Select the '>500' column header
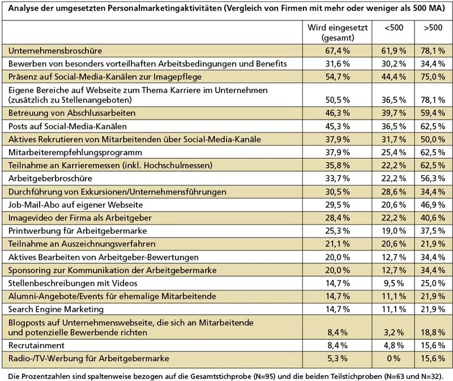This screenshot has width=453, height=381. pyautogui.click(x=433, y=28)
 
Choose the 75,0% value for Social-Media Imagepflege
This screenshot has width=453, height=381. pyautogui.click(x=434, y=75)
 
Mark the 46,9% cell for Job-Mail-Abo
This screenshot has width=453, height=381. pyautogui.click(x=434, y=204)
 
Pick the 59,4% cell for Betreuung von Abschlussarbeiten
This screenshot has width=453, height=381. pyautogui.click(x=434, y=113)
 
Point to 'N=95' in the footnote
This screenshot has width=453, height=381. pyautogui.click(x=262, y=375)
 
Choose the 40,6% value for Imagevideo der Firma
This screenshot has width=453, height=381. pyautogui.click(x=434, y=218)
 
